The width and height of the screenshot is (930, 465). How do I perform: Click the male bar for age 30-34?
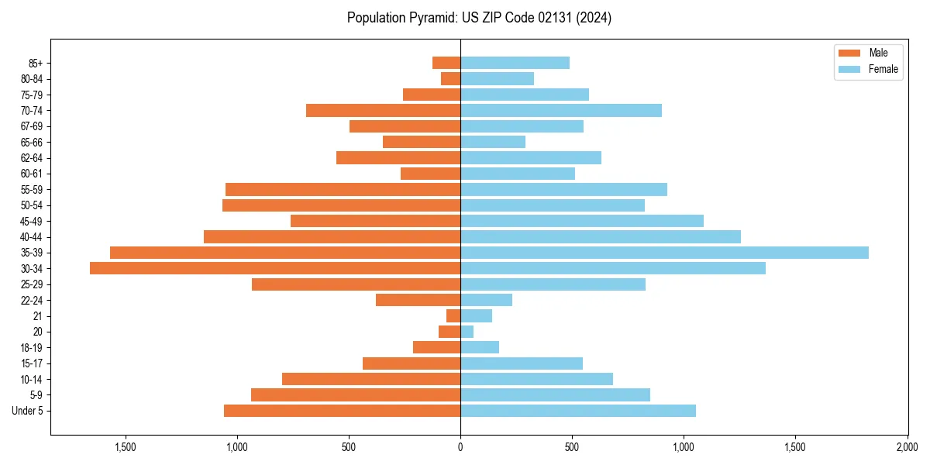click(x=275, y=268)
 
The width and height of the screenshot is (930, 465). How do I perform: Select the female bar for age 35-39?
click(x=664, y=253)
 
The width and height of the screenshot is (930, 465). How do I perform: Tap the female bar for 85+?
click(x=515, y=63)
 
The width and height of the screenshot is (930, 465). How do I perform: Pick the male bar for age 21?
click(x=453, y=315)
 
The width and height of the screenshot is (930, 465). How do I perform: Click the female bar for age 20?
click(x=467, y=332)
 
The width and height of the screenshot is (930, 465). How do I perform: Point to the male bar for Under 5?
click(x=342, y=411)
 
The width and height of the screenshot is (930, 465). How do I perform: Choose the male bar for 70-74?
click(x=383, y=110)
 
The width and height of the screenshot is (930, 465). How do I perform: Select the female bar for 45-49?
click(x=582, y=221)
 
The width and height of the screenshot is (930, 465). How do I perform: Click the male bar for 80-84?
click(x=451, y=78)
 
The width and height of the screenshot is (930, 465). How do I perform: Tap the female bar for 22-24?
click(x=486, y=300)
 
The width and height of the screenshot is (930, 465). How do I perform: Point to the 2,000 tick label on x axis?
click(x=907, y=446)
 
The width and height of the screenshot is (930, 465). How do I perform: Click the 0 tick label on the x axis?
click(x=460, y=446)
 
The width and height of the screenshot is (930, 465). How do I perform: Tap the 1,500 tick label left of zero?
click(x=125, y=446)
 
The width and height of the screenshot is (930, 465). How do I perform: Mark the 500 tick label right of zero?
click(x=572, y=446)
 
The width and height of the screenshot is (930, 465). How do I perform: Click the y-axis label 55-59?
click(x=32, y=189)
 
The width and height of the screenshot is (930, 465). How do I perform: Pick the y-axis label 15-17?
click(x=32, y=363)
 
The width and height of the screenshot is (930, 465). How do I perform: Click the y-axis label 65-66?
click(x=32, y=142)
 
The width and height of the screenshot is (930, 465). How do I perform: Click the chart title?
click(x=479, y=18)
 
